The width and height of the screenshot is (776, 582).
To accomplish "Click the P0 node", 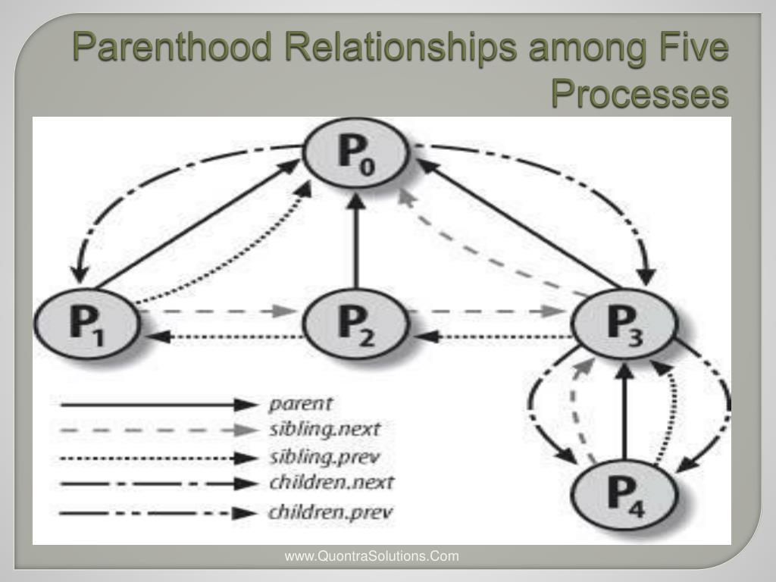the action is point(356,152).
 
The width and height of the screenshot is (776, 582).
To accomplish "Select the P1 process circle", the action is point(87,323).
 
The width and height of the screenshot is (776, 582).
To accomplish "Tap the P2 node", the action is point(356,323).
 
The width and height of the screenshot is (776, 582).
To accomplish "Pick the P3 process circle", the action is point(624,323).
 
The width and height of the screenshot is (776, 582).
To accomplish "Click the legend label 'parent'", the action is point(300,405).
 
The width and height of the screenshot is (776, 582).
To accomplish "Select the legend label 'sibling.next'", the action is point(324,430).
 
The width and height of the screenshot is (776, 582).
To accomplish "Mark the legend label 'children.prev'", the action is point(330,512).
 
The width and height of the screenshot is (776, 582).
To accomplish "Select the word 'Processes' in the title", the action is point(640,93).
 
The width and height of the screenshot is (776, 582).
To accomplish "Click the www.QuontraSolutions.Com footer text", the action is point(371,556).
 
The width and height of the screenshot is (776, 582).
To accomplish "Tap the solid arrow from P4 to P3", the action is point(624,411).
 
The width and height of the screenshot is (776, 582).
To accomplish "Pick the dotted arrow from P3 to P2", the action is point(495,337).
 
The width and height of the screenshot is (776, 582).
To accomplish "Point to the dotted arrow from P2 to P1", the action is point(226,337).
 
